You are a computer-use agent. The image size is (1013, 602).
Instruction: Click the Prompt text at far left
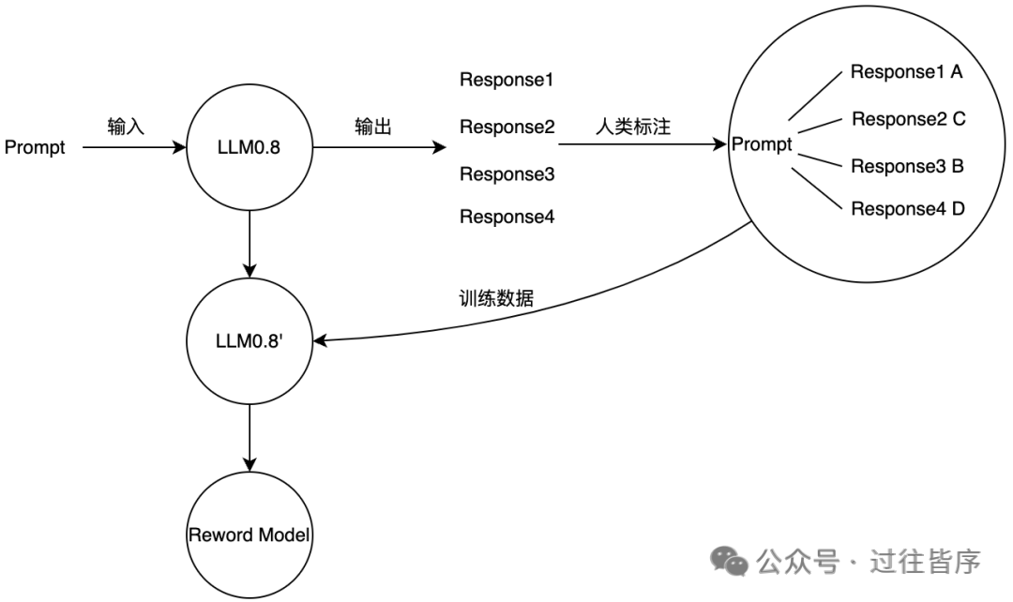click(35, 147)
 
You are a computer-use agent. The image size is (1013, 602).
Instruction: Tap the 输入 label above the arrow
click(126, 127)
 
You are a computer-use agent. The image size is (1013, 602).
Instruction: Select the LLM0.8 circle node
click(249, 147)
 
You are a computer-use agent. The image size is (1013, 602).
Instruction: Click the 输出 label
click(373, 127)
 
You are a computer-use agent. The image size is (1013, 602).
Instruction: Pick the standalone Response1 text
click(506, 80)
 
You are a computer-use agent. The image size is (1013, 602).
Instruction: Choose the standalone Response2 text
click(506, 127)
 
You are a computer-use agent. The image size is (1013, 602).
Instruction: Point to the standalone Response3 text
click(506, 174)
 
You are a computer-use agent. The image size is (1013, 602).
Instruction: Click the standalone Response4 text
click(506, 218)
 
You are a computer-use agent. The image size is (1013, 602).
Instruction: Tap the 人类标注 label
click(633, 127)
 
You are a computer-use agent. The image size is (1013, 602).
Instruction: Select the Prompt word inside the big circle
click(762, 145)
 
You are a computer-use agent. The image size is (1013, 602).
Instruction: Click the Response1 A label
click(906, 72)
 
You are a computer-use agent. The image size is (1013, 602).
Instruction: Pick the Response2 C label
click(908, 119)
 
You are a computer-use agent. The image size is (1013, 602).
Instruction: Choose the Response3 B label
click(907, 166)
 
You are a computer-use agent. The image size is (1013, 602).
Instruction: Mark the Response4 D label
click(907, 209)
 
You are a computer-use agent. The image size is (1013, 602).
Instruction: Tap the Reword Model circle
click(249, 534)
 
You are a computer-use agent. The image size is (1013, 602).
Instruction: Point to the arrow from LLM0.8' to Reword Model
click(249, 436)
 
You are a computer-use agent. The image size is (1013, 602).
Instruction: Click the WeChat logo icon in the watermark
click(728, 561)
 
